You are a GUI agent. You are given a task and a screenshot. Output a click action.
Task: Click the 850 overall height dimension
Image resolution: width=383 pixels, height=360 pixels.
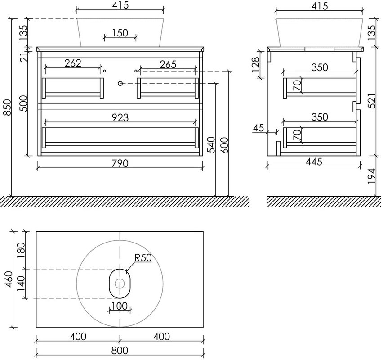point(7,108)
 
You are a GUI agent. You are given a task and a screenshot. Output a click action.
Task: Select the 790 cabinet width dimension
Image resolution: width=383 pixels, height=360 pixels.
point(120,163)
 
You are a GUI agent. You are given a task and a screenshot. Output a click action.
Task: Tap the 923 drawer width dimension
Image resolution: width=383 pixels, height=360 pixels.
point(120,117)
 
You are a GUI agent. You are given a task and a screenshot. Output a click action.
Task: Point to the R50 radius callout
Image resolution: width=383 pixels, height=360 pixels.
point(143,258)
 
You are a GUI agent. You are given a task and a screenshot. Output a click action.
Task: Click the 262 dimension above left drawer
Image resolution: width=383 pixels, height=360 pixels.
point(73,63)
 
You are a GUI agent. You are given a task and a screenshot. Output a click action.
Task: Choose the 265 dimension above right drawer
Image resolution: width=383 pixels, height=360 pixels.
point(168,64)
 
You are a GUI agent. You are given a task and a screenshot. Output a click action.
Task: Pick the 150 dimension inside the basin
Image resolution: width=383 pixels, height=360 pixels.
point(120,33)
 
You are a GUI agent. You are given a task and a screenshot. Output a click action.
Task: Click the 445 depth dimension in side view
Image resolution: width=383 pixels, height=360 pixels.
point(314,162)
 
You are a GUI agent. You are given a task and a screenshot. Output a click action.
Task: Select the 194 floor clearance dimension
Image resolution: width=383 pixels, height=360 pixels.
point(371,176)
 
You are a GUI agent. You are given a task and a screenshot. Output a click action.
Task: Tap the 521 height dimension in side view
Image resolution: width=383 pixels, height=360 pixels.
point(371,100)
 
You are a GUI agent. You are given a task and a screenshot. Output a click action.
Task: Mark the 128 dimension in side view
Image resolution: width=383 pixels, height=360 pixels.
point(255,64)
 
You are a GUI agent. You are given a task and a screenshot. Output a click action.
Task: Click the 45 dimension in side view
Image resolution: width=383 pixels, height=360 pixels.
point(258,128)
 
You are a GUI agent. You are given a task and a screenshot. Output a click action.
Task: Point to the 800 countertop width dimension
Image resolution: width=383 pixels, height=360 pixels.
point(120,351)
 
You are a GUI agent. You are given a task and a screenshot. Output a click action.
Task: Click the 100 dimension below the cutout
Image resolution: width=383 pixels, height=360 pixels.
point(120,306)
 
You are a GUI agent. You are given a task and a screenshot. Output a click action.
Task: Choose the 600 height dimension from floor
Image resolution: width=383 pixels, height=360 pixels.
point(224,145)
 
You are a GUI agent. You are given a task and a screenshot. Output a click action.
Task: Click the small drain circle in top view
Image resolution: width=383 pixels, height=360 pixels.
point(120,283)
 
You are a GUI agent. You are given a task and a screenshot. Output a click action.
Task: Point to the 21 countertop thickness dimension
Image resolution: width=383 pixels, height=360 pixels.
point(24,57)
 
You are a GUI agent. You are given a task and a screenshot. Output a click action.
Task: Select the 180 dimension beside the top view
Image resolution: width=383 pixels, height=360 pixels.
point(21,250)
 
